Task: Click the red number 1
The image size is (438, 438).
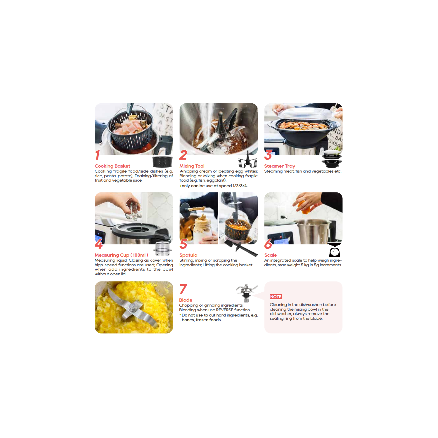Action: (x=98, y=155)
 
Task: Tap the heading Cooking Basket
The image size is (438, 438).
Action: (x=112, y=166)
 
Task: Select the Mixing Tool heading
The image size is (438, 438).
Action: (x=192, y=166)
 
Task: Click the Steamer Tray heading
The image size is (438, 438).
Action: (x=280, y=166)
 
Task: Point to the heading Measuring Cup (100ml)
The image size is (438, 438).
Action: (x=121, y=255)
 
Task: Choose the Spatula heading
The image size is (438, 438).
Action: (x=188, y=255)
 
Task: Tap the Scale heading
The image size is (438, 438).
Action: (x=270, y=255)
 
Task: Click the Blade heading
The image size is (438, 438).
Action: (x=186, y=300)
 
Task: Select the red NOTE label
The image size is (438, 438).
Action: (x=276, y=297)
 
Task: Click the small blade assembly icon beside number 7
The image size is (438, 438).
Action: (x=246, y=293)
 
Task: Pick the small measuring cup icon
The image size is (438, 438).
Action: (x=162, y=249)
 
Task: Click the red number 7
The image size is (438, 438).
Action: (x=183, y=289)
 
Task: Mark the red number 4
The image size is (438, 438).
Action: (x=99, y=244)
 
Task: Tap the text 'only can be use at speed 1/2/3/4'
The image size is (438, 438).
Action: (x=214, y=186)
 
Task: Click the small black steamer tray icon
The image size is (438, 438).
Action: (x=332, y=159)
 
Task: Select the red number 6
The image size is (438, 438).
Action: (x=268, y=244)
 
